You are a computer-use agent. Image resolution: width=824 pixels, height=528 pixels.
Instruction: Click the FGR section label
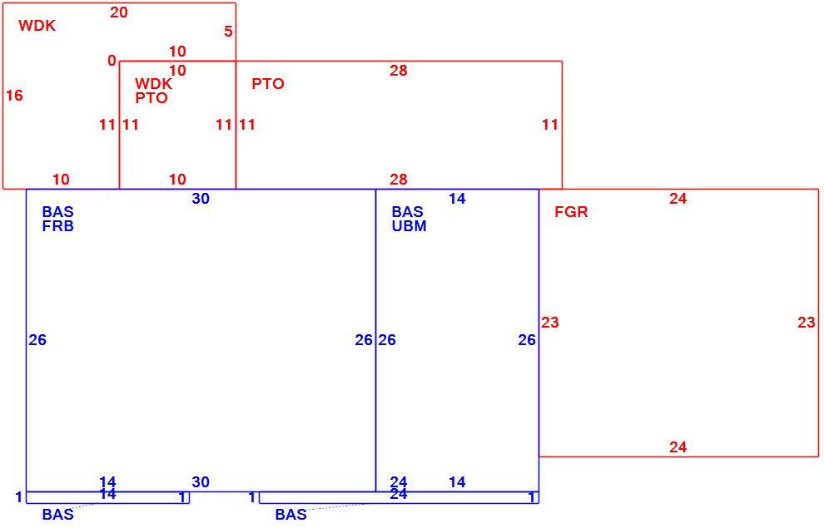click(571, 212)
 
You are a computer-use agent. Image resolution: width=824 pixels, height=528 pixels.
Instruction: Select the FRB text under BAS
click(57, 226)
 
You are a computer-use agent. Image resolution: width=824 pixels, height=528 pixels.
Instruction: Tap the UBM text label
click(409, 226)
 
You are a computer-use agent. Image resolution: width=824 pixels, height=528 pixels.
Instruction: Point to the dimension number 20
click(119, 12)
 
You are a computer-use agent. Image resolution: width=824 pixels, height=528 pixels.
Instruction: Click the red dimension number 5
click(228, 32)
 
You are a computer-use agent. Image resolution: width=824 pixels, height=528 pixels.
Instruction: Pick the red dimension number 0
click(112, 61)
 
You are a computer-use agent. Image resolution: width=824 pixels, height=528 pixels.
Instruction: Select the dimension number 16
click(15, 96)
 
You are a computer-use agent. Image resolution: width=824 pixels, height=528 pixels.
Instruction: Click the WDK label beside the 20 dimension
click(37, 26)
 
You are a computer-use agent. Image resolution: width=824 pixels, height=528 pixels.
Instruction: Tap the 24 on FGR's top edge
click(678, 199)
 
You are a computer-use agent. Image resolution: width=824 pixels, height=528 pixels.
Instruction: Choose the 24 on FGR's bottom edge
click(678, 447)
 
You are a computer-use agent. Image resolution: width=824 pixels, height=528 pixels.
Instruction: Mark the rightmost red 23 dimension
click(807, 323)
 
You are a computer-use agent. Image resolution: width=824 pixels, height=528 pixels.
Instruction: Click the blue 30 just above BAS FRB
click(201, 199)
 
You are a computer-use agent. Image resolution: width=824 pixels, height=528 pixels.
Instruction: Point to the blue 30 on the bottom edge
click(201, 481)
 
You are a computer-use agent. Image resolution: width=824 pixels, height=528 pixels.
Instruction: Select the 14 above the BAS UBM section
click(457, 199)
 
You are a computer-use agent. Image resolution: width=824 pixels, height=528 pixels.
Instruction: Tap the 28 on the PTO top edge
click(399, 71)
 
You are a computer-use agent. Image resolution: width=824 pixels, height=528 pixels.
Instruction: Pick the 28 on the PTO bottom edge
click(399, 180)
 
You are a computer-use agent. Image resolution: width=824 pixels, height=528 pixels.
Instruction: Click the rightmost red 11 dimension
click(549, 125)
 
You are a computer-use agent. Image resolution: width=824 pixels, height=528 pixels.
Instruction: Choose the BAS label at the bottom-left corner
click(57, 515)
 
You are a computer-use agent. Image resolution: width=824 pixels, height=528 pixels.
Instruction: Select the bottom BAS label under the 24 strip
click(291, 515)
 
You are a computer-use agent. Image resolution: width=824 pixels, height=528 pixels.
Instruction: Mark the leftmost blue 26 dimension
click(37, 340)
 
